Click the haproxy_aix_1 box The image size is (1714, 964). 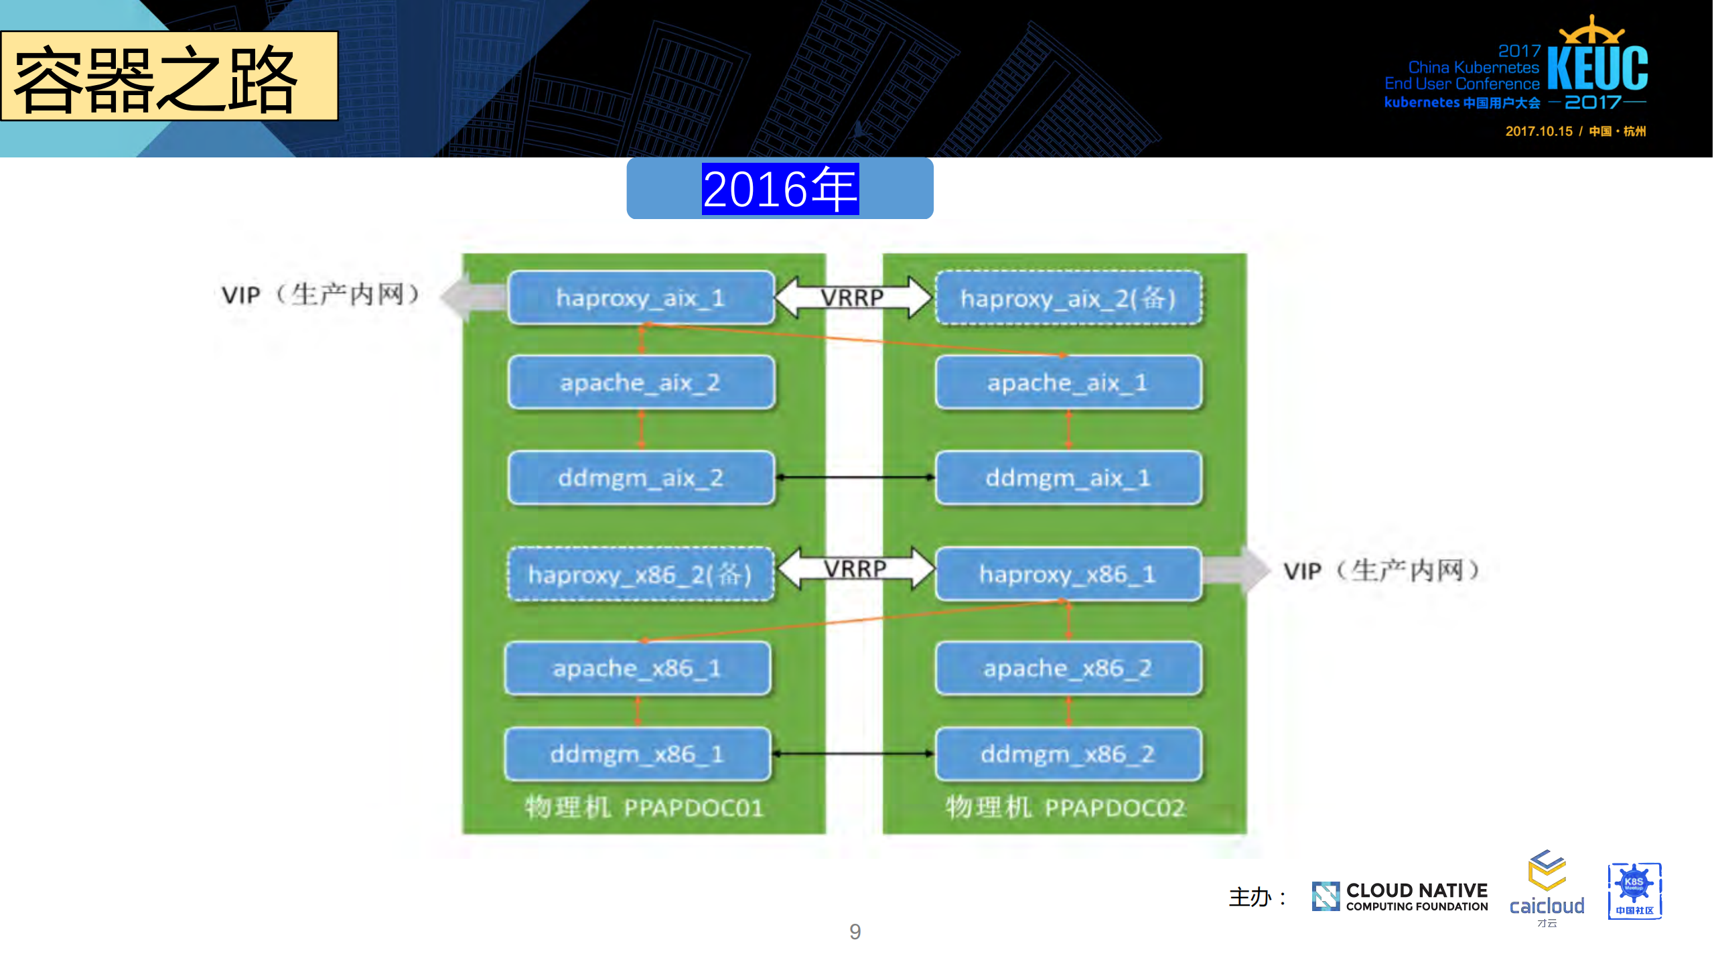click(x=641, y=297)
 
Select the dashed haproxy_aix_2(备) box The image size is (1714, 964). click(x=1068, y=298)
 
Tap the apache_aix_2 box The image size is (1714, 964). click(x=641, y=383)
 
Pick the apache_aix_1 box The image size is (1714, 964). click(x=1068, y=383)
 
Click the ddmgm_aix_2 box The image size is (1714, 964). click(x=641, y=478)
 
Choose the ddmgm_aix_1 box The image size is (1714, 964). click(x=1068, y=478)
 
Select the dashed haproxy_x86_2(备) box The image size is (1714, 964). click(x=641, y=574)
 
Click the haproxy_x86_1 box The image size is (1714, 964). click(x=1068, y=574)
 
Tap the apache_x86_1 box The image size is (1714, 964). click(x=638, y=668)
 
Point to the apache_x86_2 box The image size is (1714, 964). click(x=1068, y=668)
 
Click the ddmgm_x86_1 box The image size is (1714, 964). click(x=638, y=754)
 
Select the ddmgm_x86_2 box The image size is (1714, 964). click(x=1068, y=754)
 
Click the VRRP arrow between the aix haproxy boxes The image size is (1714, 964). click(x=853, y=297)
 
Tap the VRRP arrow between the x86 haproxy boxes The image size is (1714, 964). click(x=855, y=569)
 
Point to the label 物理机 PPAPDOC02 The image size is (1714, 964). click(x=1065, y=807)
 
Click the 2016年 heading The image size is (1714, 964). click(x=780, y=189)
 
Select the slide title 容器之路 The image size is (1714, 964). click(x=156, y=79)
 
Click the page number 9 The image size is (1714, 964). click(x=855, y=931)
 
